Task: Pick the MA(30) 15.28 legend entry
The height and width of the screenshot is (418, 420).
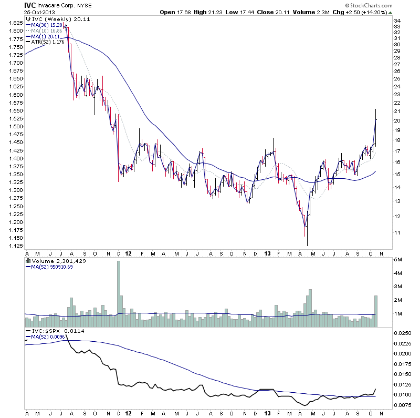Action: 47,25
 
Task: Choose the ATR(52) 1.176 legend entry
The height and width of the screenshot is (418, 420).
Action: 48,42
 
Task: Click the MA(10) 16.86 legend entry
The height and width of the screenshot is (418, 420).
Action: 47,30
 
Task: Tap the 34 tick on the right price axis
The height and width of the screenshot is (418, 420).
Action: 397,21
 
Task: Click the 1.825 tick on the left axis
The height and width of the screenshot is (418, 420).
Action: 16,23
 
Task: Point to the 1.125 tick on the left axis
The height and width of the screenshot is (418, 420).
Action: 16,246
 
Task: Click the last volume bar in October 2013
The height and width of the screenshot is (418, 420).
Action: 376,311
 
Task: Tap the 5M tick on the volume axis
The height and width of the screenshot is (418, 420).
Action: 398,260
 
